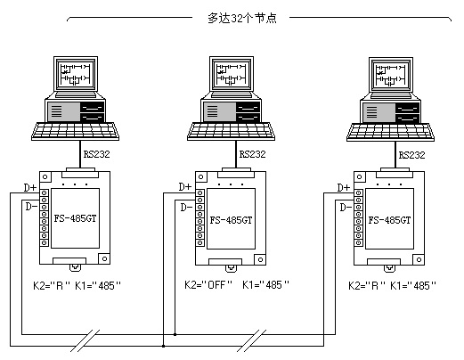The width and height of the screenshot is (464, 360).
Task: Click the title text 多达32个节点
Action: pos(242,19)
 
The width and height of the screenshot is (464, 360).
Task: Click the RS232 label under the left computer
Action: pos(96,154)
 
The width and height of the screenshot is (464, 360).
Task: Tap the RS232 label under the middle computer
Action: pos(252,154)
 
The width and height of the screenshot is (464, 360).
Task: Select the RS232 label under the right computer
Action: pos(411,155)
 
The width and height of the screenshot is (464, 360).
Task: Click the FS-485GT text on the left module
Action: pos(75,218)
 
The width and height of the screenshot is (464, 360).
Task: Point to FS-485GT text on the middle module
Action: pos(231,220)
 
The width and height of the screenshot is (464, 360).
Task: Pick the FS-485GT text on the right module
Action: pos(389,220)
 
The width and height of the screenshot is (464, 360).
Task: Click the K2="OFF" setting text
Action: pos(208,285)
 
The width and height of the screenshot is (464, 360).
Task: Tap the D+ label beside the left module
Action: pos(30,188)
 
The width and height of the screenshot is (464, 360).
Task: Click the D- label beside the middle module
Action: pos(186,207)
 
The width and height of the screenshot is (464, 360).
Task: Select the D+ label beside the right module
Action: pos(344,188)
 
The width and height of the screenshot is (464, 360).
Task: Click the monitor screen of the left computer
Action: pos(76,74)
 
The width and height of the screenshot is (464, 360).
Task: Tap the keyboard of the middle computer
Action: pos(231,131)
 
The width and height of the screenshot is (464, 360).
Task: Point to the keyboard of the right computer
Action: pos(390,132)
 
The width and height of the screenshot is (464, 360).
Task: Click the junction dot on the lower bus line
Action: pos(163,346)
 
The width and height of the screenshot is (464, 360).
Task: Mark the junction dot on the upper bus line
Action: pos(175,334)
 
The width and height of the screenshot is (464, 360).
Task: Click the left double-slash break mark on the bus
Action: pos(85,340)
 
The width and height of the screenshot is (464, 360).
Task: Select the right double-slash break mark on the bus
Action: pos(252,340)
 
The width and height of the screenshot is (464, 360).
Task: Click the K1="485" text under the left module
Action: pos(98,286)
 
